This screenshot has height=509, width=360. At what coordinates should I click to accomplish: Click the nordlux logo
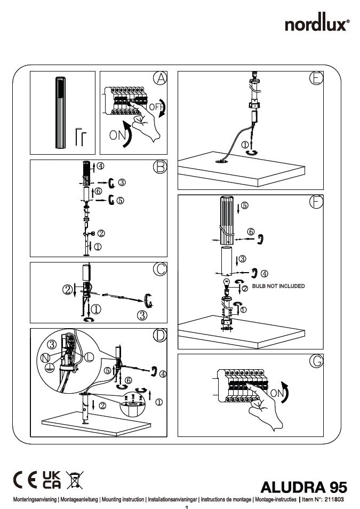(317, 25)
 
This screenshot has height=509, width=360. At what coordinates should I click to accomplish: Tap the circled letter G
(316, 361)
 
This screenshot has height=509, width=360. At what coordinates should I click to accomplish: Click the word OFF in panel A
(156, 107)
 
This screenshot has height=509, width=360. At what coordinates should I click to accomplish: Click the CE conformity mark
(25, 480)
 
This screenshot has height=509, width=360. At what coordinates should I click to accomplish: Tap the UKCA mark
(52, 480)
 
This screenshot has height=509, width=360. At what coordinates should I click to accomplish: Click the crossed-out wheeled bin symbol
(74, 480)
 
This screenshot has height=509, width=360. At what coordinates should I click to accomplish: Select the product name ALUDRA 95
(304, 487)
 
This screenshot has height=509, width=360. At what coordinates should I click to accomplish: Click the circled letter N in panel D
(46, 356)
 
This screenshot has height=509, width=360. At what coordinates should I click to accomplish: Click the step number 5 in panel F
(244, 205)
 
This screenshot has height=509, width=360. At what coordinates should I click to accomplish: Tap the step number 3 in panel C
(142, 316)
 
